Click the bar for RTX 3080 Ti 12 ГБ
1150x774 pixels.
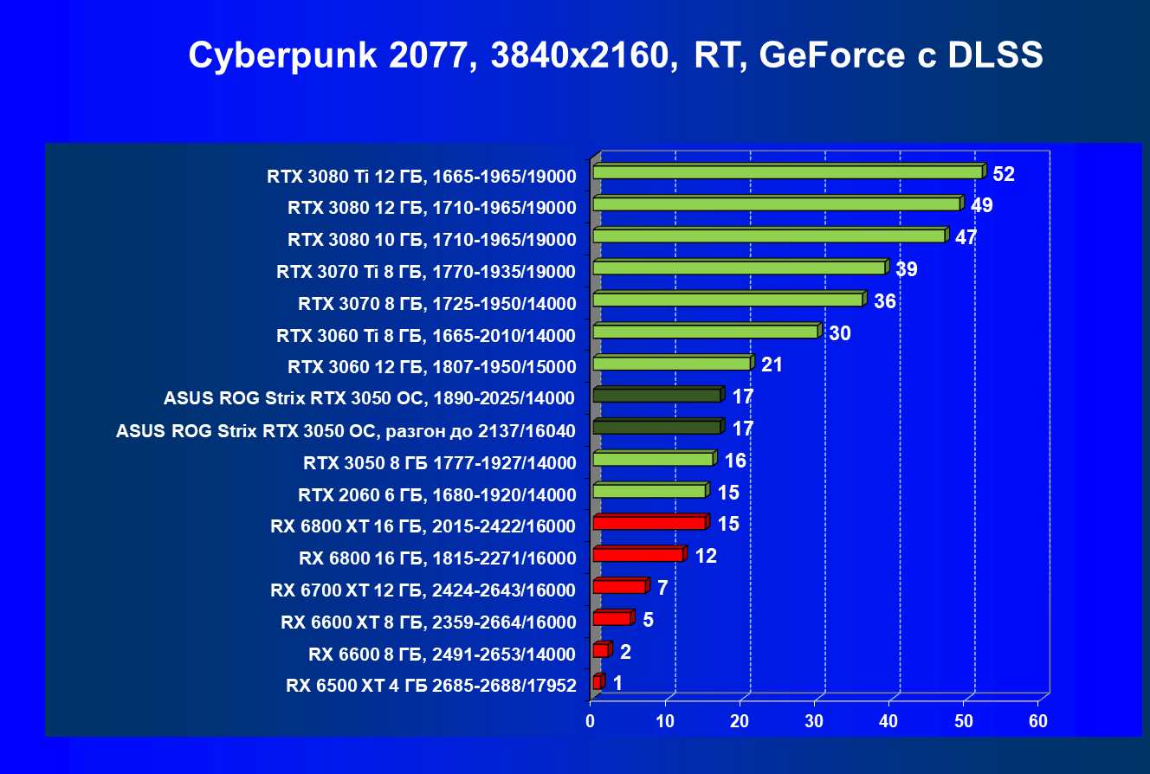tap(787, 172)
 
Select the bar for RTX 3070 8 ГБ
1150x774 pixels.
tap(727, 300)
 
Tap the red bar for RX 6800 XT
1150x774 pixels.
tap(649, 523)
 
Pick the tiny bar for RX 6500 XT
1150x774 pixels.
tap(597, 683)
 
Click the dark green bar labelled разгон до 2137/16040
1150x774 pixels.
tap(656, 428)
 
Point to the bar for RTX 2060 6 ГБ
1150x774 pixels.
tap(649, 492)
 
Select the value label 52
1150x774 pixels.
tap(1003, 174)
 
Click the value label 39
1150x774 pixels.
tap(906, 269)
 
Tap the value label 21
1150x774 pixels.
tap(772, 364)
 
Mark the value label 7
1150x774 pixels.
tap(662, 588)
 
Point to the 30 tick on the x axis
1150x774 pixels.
tap(814, 721)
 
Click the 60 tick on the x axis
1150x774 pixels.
tap(1037, 721)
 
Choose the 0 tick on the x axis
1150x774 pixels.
tap(591, 721)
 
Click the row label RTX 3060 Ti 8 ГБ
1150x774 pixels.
tap(426, 335)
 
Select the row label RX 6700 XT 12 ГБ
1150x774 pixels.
tap(423, 590)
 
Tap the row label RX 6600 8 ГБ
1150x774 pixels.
tap(442, 654)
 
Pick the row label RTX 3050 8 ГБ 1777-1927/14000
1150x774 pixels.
tap(439, 463)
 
